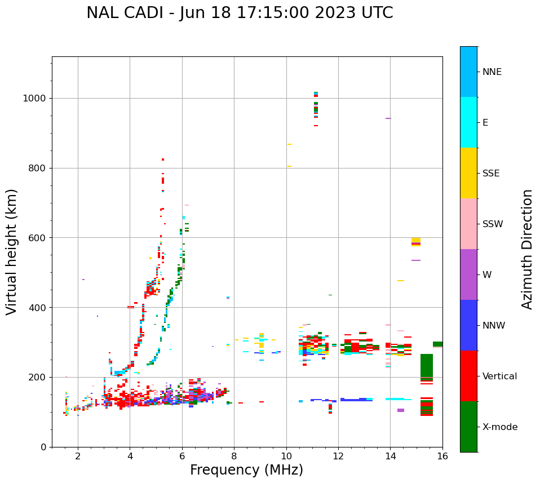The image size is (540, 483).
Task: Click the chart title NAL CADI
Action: click(x=240, y=13)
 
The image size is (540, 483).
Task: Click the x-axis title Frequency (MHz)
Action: click(x=246, y=470)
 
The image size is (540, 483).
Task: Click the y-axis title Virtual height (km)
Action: click(x=12, y=251)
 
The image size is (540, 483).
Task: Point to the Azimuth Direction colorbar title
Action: click(x=527, y=249)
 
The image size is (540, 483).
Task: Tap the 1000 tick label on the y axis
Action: click(x=34, y=98)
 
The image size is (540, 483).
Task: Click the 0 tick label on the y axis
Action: click(x=43, y=447)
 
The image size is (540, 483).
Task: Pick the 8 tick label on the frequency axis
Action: click(x=234, y=457)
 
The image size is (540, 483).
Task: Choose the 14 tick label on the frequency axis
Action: click(x=390, y=457)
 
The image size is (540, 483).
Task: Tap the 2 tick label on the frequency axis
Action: click(x=78, y=457)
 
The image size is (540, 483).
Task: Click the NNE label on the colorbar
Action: click(x=492, y=72)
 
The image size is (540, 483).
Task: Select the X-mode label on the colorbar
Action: click(x=499, y=427)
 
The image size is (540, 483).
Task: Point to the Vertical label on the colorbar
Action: click(x=499, y=376)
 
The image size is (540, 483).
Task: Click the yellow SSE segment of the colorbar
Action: click(x=468, y=173)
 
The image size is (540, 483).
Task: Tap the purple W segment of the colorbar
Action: click(x=468, y=274)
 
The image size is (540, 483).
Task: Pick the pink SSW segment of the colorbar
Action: click(x=468, y=224)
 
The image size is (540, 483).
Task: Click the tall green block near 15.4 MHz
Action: click(x=426, y=366)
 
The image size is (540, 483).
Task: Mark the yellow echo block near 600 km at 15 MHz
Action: click(x=416, y=241)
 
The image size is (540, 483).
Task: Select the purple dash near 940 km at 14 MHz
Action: click(x=388, y=118)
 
